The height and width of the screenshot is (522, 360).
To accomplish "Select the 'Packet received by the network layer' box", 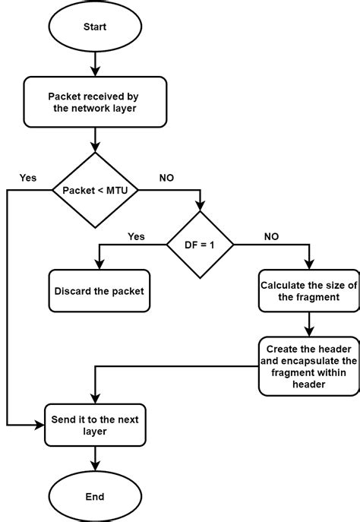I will [x=95, y=103].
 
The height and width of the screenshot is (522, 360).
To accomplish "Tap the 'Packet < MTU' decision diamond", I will [x=95, y=189].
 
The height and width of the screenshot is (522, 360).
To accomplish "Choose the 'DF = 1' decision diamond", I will [x=201, y=245].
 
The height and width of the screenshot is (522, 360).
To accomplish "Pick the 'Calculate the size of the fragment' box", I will [x=308, y=291].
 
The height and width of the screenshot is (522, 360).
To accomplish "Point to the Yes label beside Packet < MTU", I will [x=28, y=177].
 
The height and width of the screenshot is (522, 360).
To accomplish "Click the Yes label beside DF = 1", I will [x=136, y=236].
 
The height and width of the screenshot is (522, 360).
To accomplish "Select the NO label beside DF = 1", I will [x=271, y=236].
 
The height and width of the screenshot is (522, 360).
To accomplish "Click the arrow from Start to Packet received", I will [x=95, y=62].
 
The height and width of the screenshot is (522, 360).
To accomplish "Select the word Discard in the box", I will [x=74, y=291].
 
